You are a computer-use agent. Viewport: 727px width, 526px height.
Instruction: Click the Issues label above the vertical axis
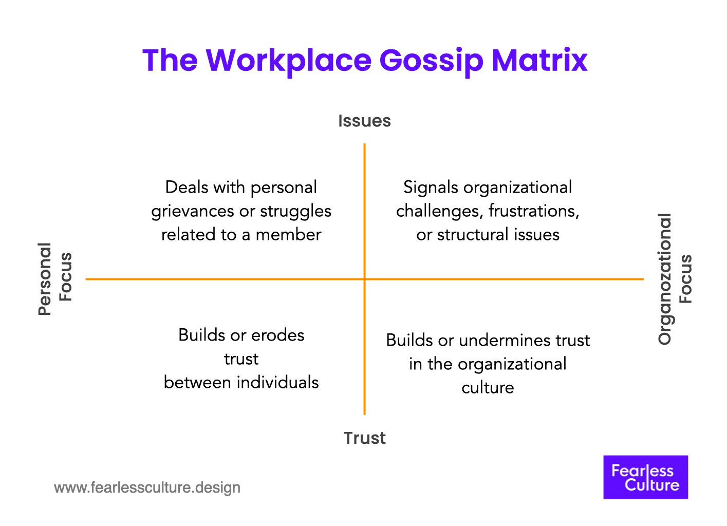pyautogui.click(x=364, y=121)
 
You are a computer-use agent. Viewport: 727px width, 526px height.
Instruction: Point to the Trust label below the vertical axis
pyautogui.click(x=364, y=438)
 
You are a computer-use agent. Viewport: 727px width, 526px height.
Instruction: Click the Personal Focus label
pyautogui.click(x=55, y=279)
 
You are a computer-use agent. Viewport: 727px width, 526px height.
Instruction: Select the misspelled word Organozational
pyautogui.click(x=665, y=279)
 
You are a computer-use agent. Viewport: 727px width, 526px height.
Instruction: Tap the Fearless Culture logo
pyautogui.click(x=645, y=477)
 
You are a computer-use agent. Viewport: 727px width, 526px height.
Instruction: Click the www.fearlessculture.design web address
pyautogui.click(x=147, y=487)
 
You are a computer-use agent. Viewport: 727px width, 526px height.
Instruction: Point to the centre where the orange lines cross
pyautogui.click(x=364, y=279)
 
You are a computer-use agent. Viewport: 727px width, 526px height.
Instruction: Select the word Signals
pyautogui.click(x=431, y=187)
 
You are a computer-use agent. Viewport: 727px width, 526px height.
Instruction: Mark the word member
pyautogui.click(x=288, y=235)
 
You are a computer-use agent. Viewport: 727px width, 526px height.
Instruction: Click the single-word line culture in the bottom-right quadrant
pyautogui.click(x=488, y=388)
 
